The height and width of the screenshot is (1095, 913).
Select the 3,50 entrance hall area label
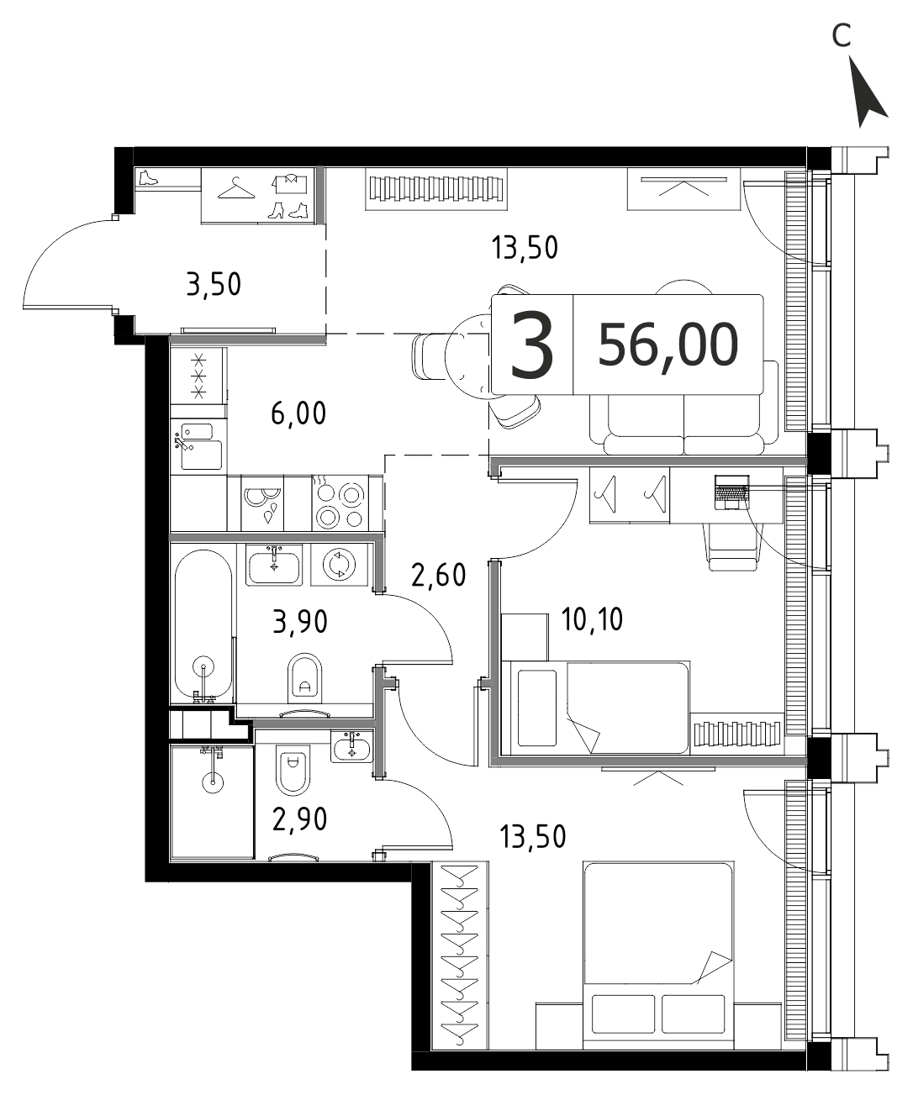click(x=214, y=285)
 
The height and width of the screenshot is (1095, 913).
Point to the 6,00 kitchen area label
click(x=298, y=413)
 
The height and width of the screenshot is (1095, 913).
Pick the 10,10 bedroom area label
click(x=592, y=619)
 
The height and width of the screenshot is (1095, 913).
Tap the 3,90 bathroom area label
click(x=300, y=622)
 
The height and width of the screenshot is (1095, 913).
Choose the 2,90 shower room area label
click(x=299, y=819)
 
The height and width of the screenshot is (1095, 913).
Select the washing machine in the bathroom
click(x=340, y=565)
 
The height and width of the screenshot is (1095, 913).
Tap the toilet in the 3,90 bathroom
click(x=305, y=678)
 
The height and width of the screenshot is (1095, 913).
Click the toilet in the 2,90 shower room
click(x=293, y=775)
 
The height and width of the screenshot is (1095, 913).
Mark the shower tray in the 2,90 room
click(x=212, y=802)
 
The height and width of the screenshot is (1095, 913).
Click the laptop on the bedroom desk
click(x=731, y=492)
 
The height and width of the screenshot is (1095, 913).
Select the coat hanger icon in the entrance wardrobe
click(x=236, y=188)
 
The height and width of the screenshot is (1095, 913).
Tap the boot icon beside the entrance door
click(x=149, y=178)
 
